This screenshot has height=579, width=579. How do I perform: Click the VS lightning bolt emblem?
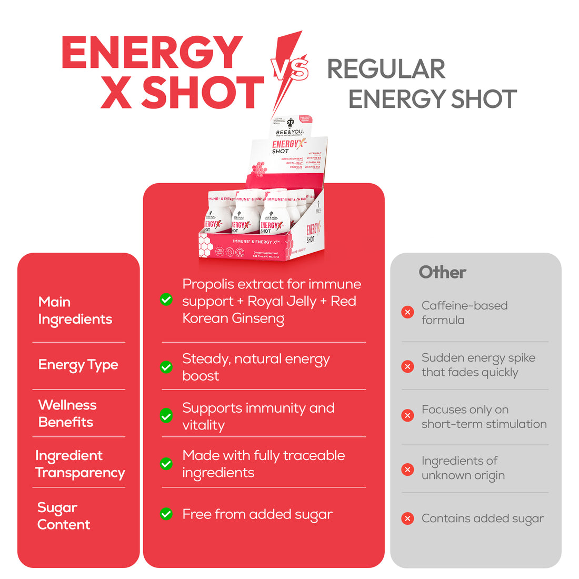click(289, 69)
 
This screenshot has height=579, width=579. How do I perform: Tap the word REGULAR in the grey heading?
click(386, 69)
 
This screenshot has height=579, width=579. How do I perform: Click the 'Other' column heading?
click(442, 272)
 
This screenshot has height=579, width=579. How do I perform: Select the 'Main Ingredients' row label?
click(75, 311)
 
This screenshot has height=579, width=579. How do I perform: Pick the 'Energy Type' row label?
click(78, 365)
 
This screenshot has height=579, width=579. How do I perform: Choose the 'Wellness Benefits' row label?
click(67, 413)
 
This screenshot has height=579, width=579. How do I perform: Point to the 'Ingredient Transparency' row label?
click(79, 464)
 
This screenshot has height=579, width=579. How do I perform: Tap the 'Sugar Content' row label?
click(63, 516)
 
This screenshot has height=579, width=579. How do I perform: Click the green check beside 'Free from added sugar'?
click(166, 514)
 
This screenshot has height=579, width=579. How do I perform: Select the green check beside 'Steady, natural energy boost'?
click(166, 367)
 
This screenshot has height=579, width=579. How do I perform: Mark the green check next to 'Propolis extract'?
click(166, 300)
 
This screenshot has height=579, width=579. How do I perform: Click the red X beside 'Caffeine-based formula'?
click(407, 312)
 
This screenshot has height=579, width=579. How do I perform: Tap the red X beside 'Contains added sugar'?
click(407, 518)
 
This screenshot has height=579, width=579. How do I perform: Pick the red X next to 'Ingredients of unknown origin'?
click(407, 469)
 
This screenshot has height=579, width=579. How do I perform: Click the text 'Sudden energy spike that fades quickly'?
click(478, 365)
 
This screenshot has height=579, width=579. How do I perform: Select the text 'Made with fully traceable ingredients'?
click(263, 464)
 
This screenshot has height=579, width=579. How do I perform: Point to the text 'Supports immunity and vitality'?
click(258, 416)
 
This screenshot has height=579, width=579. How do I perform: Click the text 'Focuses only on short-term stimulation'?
click(483, 416)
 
